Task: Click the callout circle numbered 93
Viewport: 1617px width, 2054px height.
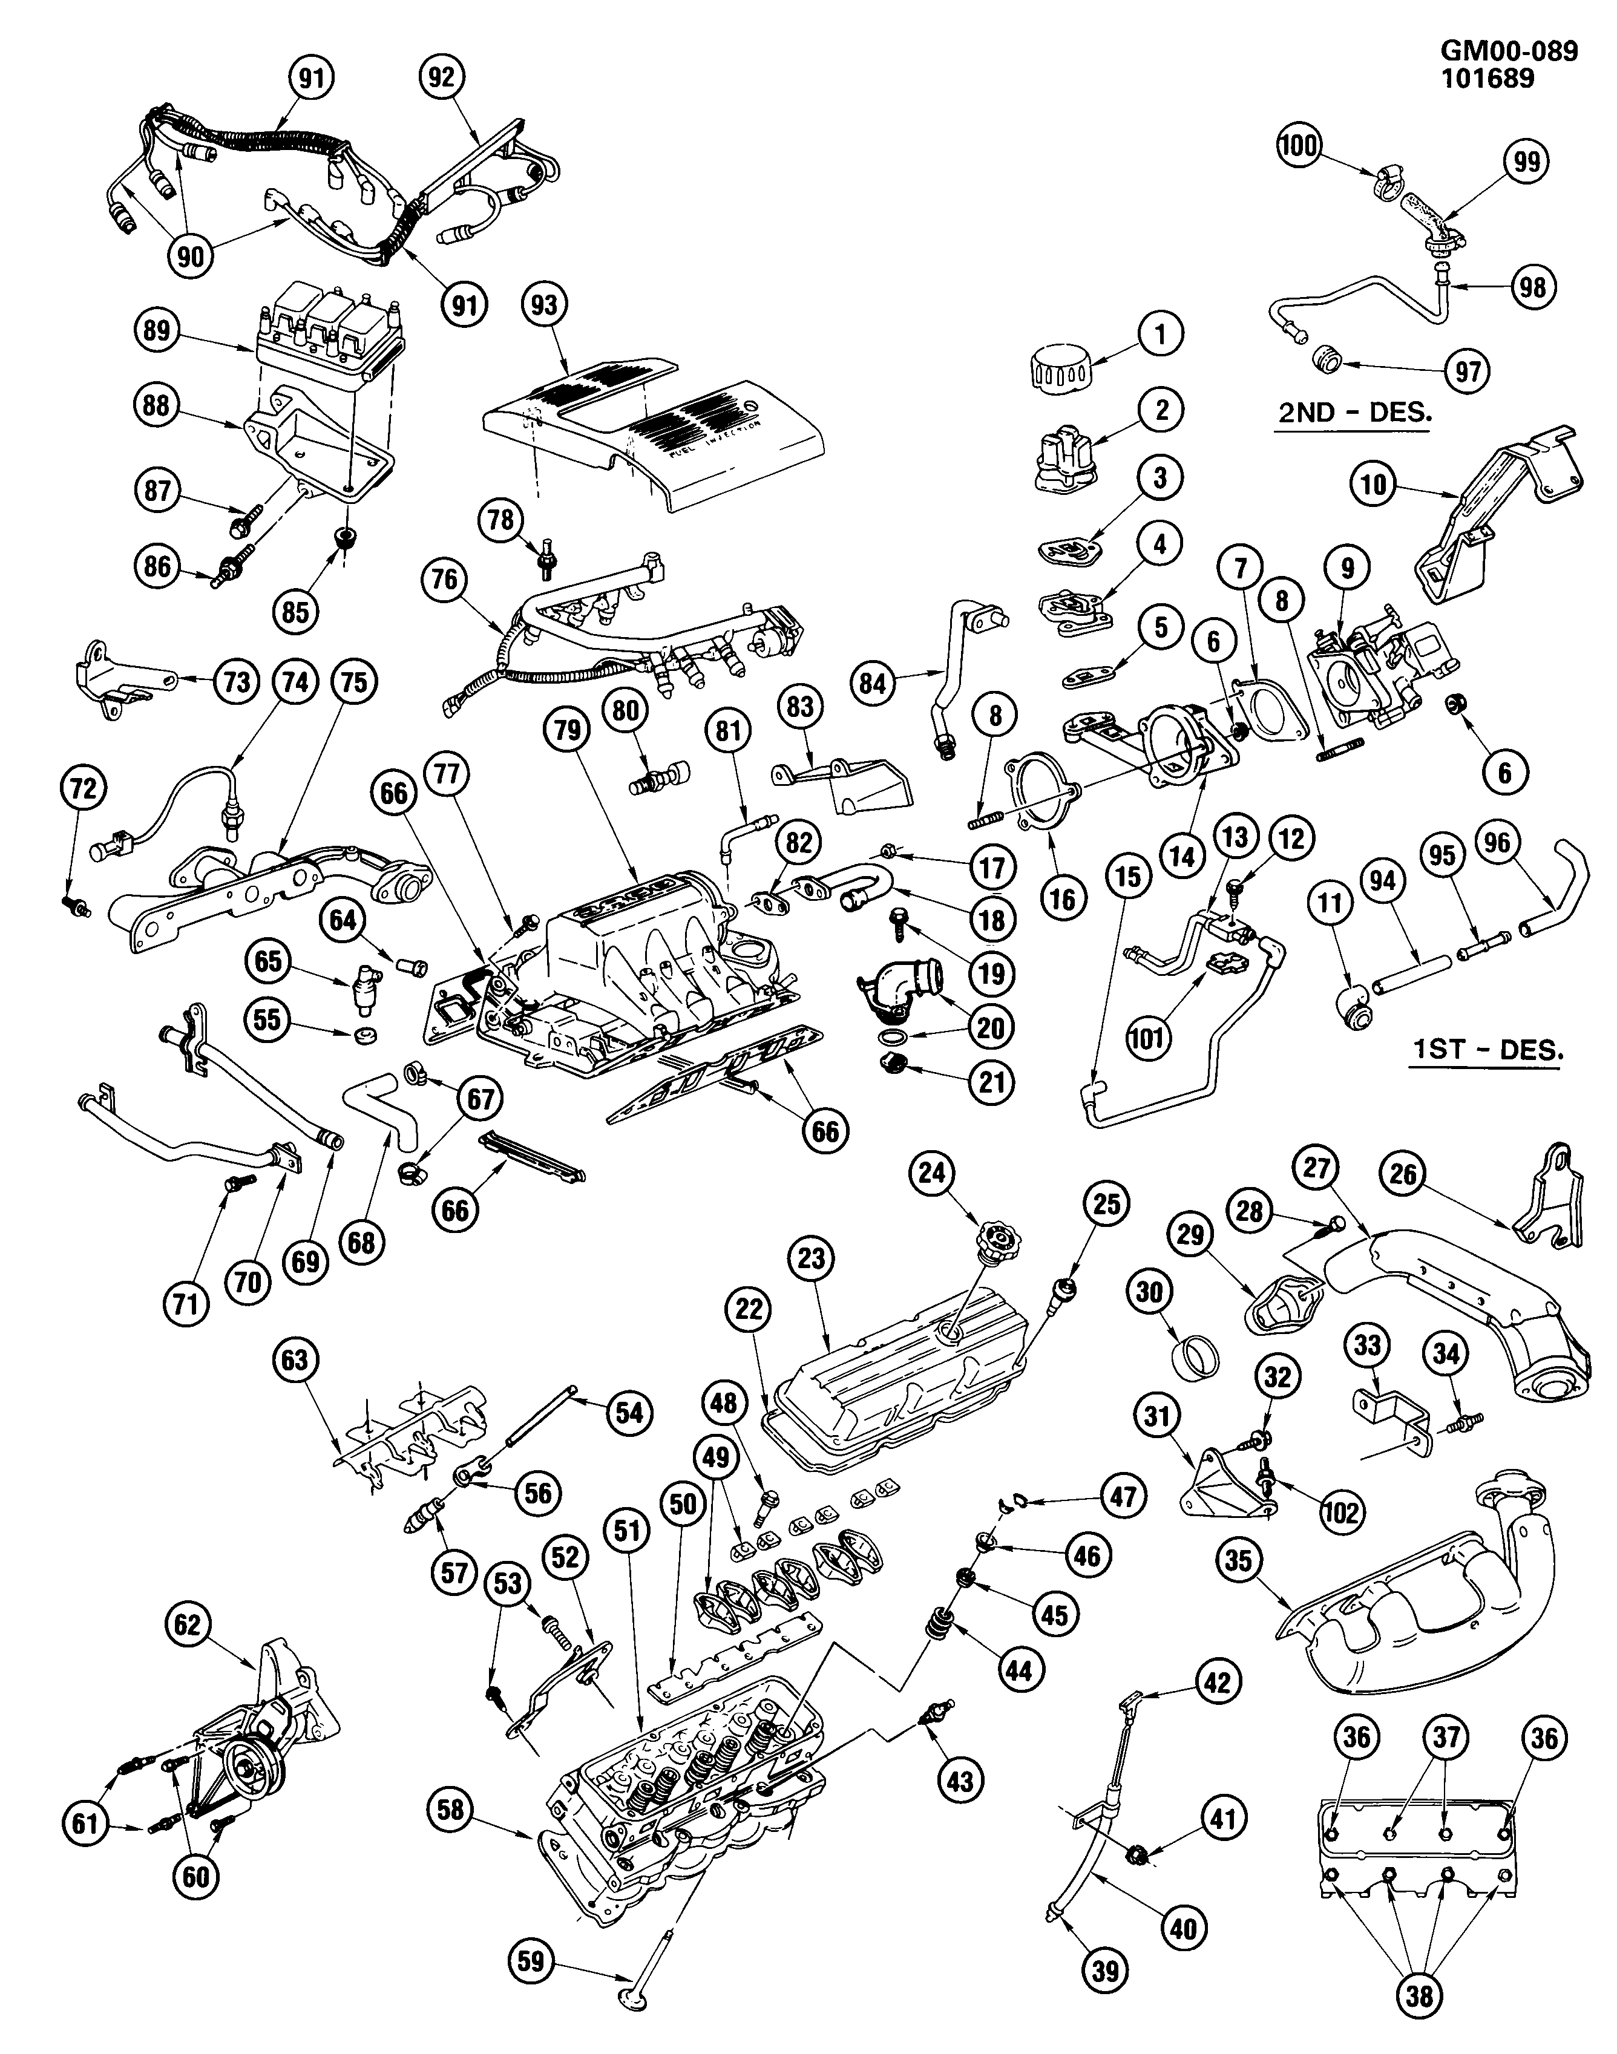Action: tap(545, 306)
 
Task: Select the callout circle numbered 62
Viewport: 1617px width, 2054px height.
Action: tap(188, 1625)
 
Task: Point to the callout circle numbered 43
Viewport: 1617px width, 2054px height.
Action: tap(960, 1781)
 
